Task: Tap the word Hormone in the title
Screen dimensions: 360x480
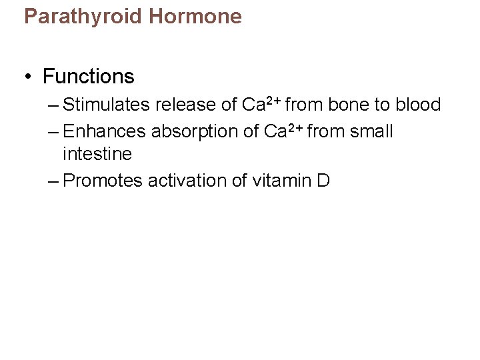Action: coord(195,16)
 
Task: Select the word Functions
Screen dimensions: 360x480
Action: coord(89,77)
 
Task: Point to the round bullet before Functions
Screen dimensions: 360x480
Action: coord(28,77)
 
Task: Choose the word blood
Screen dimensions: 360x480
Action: coord(418,105)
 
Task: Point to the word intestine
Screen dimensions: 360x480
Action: coord(97,154)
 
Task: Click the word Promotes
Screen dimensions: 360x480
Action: coord(103,181)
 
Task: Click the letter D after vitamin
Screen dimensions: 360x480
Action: coord(323,181)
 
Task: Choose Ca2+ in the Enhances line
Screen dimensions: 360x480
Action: coord(284,131)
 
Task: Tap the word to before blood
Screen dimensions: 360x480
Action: coord(382,105)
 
